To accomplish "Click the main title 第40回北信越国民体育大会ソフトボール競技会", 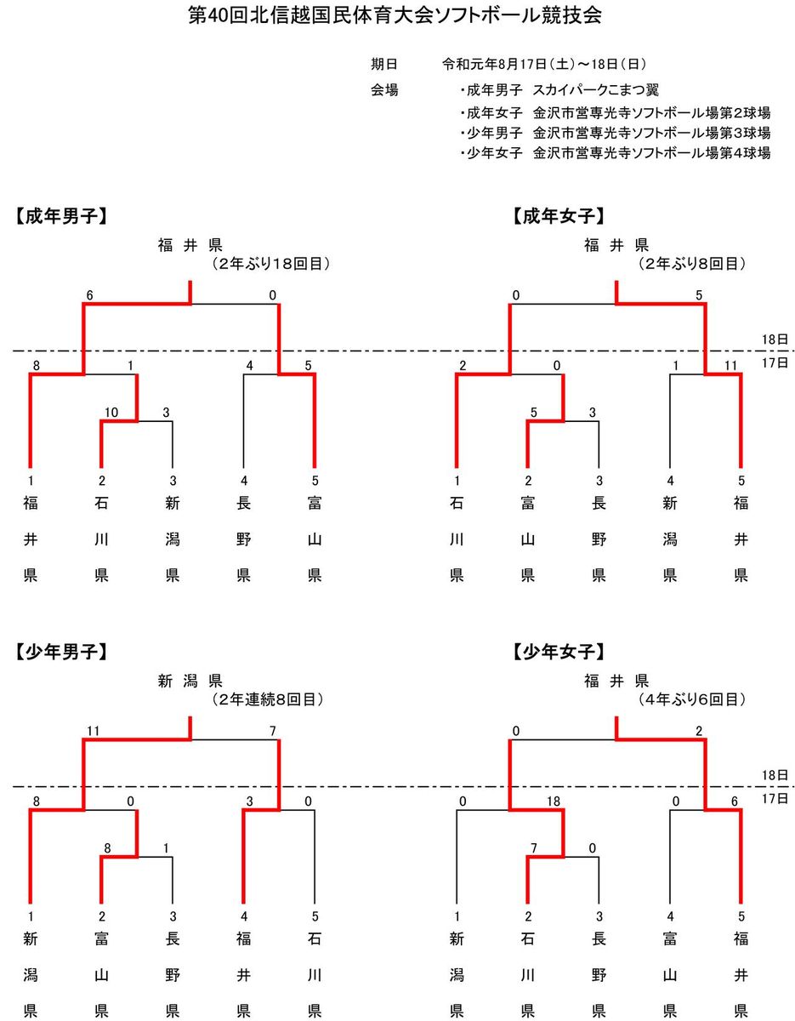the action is tap(395, 15).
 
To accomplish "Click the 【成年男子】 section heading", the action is tap(61, 216).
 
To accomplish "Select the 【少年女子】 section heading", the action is tap(559, 652).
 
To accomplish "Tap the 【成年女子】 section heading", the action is tap(559, 216).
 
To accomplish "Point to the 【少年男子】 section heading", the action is tap(61, 652).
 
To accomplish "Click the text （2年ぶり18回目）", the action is tap(270, 264).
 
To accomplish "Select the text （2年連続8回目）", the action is tap(267, 699).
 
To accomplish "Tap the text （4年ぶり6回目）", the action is tap(691, 699).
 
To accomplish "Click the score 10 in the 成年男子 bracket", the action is tap(111, 412).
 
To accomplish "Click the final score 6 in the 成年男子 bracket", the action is tap(89, 295).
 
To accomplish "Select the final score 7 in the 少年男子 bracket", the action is tap(272, 731).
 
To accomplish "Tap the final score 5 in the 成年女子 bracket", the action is tap(699, 295).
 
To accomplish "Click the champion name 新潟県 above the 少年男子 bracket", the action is tap(190, 681).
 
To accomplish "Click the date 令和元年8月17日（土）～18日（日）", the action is tap(544, 65).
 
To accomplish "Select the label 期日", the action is tap(384, 65).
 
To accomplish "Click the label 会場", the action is tap(384, 89).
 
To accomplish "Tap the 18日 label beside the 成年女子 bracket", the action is tap(775, 339).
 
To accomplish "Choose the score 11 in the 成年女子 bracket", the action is tap(730, 366).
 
